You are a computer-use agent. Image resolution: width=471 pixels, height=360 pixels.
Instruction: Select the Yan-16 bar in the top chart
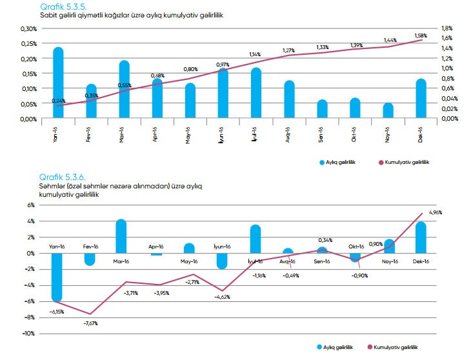pos(58,83)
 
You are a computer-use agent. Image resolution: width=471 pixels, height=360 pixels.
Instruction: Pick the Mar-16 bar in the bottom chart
pos(121,237)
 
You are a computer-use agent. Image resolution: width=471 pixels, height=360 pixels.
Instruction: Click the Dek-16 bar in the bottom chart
pos(420,237)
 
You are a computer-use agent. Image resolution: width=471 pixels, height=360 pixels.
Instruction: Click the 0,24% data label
pos(59,101)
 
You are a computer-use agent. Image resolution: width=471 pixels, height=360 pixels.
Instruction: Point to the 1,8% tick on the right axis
pos(447,28)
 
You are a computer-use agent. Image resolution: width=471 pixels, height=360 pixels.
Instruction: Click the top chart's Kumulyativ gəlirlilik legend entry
pos(410,163)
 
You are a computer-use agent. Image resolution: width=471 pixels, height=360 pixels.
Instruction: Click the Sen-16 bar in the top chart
pos(321,110)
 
